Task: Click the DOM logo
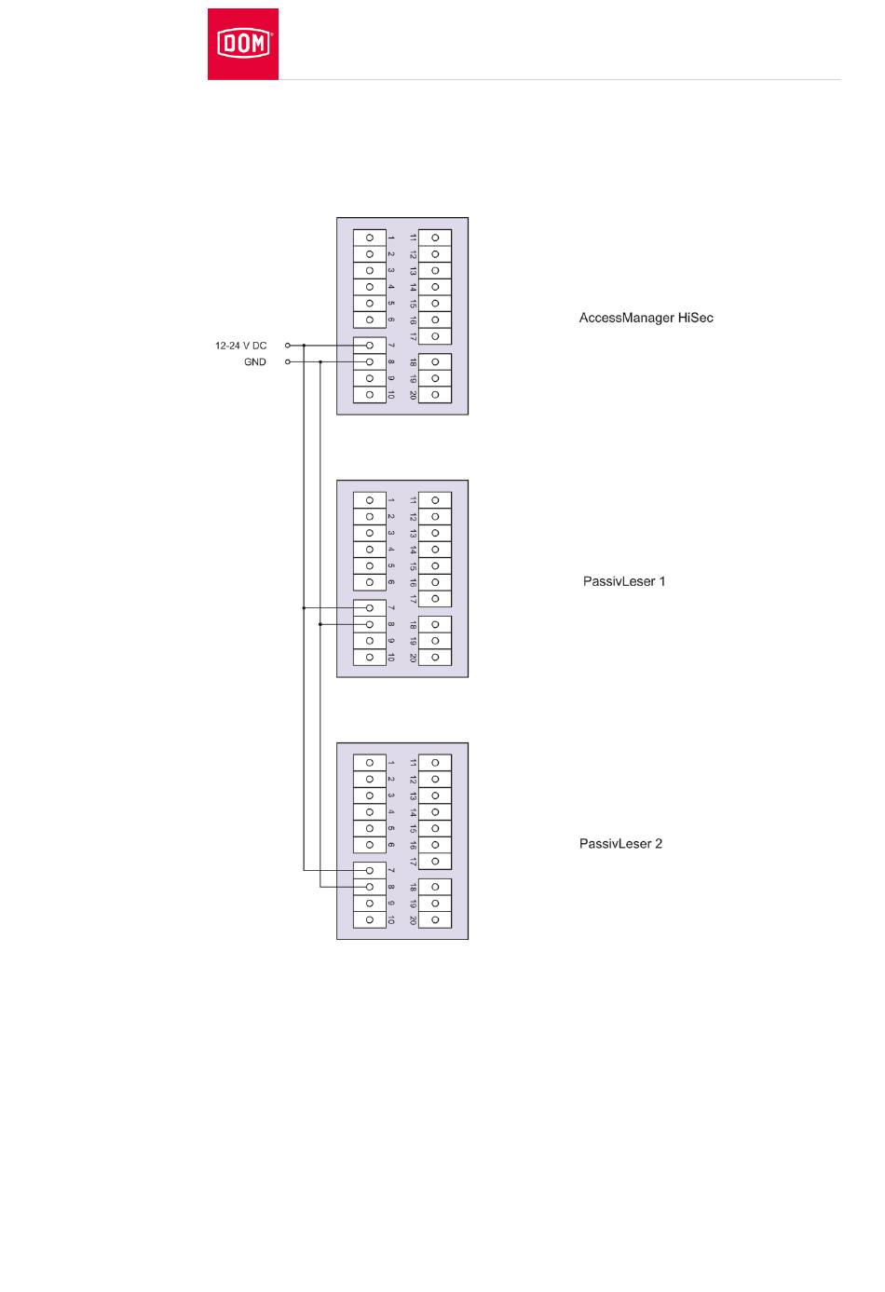(243, 44)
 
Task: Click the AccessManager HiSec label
(646, 319)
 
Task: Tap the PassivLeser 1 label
(619, 581)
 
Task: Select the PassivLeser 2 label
(619, 844)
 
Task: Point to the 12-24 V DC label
(240, 346)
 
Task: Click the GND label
(254, 362)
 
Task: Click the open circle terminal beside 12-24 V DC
(288, 346)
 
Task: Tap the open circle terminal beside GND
(288, 362)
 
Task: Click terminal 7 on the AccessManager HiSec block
(370, 346)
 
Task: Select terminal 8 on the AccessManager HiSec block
(370, 362)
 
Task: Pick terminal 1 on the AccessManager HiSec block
(370, 238)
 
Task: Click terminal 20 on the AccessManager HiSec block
(435, 395)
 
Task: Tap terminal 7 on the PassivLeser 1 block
(370, 608)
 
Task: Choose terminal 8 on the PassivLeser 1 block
(370, 625)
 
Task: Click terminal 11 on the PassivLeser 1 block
(435, 500)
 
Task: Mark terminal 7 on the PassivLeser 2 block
(370, 871)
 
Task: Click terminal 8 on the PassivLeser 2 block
(370, 888)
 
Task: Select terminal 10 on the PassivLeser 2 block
(370, 920)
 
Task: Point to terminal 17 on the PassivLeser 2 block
(435, 861)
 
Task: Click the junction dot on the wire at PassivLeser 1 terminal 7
(304, 608)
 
